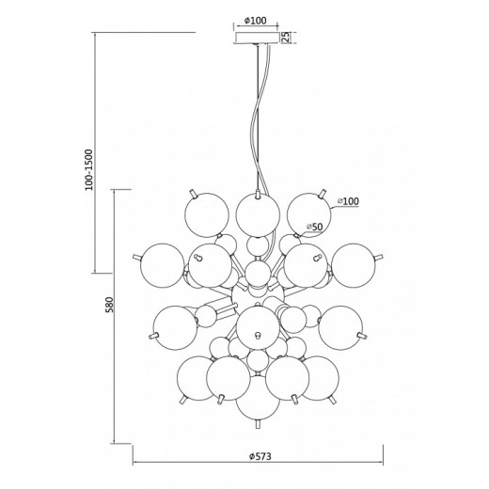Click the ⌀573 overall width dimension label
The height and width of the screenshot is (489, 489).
(260, 456)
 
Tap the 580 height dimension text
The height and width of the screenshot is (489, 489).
(109, 305)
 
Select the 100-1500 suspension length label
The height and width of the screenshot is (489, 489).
(89, 170)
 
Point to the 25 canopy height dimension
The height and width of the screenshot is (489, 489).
(286, 38)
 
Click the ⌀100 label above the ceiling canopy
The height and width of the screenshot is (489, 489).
(255, 21)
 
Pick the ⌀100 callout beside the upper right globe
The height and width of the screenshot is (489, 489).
(348, 201)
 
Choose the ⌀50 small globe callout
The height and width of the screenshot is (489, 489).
(314, 227)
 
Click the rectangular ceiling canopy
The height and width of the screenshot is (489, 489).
(258, 38)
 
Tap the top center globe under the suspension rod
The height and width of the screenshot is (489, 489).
(258, 214)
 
